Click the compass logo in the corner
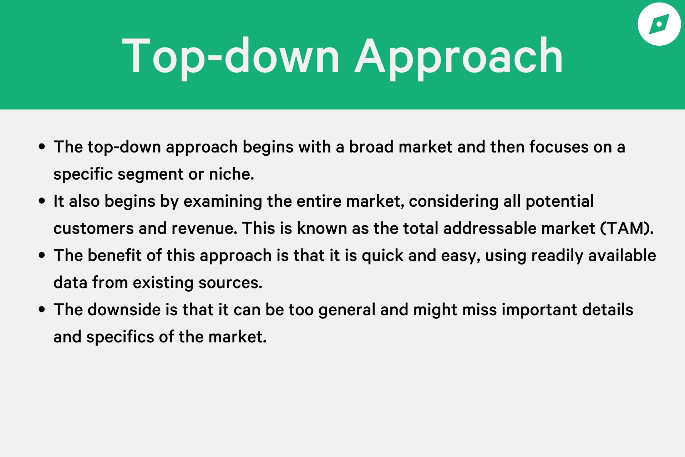[659, 24]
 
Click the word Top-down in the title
[230, 56]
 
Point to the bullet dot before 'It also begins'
[42, 201]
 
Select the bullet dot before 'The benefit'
[42, 255]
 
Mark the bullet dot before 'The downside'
[42, 310]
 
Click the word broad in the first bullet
[371, 147]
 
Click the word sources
[230, 283]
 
